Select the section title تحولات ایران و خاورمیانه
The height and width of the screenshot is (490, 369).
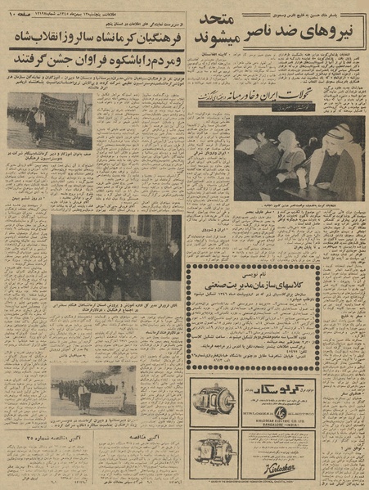(x=245, y=98)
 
